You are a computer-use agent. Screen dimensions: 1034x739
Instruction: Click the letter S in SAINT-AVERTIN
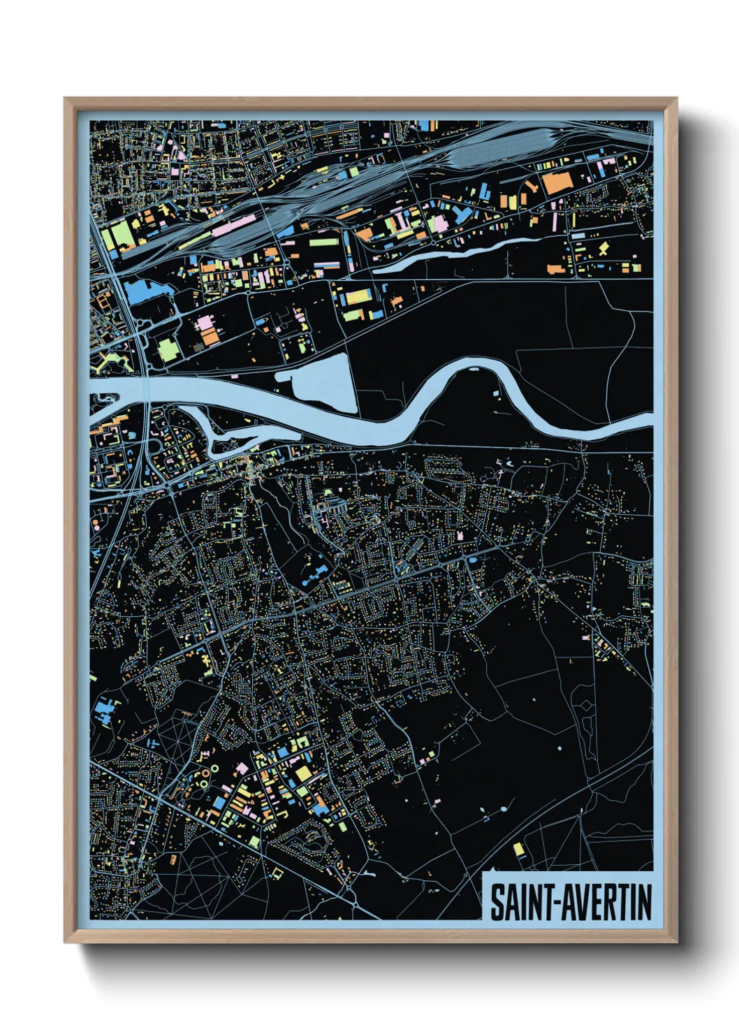(497, 903)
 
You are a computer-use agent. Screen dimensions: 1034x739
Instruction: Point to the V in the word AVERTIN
(582, 903)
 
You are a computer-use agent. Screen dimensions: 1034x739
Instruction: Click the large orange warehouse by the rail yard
(557, 184)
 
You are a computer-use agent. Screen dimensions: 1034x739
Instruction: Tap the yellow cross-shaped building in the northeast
(603, 248)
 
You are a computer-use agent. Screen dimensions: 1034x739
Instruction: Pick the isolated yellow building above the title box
(518, 849)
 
